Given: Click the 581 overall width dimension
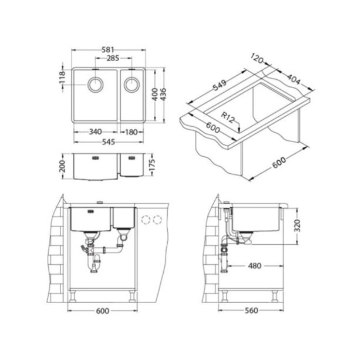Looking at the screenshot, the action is [108, 50].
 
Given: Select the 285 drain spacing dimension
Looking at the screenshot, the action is [113, 58].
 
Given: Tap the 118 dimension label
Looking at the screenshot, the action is [63, 77].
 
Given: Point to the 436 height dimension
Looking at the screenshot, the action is [163, 95].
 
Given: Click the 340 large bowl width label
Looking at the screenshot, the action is [95, 132].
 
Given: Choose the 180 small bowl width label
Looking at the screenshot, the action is [131, 132].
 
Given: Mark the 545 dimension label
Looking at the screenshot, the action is [108, 142].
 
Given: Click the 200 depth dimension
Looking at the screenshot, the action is [63, 166].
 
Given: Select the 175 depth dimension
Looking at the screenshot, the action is [152, 165].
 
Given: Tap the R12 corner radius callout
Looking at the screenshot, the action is [228, 117].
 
